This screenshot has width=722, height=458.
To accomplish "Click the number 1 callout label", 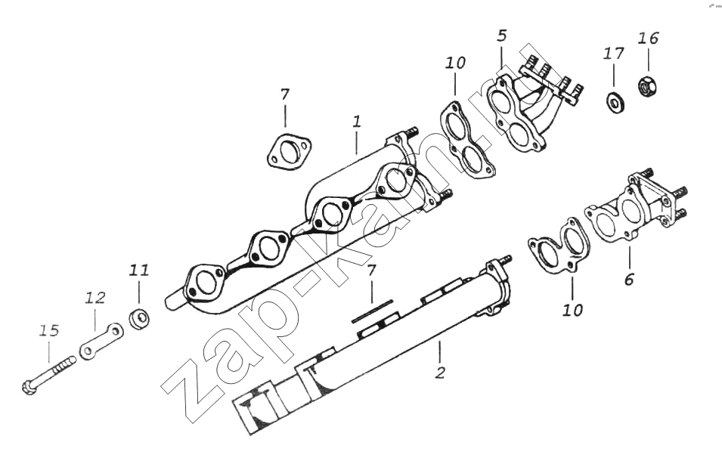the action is [356, 122].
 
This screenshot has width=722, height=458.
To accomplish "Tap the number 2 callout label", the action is [440, 373].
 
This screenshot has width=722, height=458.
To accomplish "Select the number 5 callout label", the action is [501, 36].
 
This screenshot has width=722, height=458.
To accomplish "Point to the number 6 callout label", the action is [629, 279].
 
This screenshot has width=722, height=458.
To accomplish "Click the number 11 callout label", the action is [139, 271].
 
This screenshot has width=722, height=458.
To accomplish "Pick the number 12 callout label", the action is [95, 298].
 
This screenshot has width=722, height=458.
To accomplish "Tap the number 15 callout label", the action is [49, 330].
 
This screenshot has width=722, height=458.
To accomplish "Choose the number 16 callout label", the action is [649, 38].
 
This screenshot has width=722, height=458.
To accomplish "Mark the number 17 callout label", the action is [613, 54].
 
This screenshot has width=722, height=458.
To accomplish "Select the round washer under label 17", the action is [615, 102].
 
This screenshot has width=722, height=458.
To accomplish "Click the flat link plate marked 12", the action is [102, 342].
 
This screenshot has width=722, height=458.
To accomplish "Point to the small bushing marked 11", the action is [139, 318].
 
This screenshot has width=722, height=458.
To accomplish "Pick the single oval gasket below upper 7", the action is [288, 150].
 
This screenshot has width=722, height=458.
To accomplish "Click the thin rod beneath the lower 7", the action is [372, 311].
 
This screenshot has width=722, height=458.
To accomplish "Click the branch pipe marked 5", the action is [535, 104].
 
